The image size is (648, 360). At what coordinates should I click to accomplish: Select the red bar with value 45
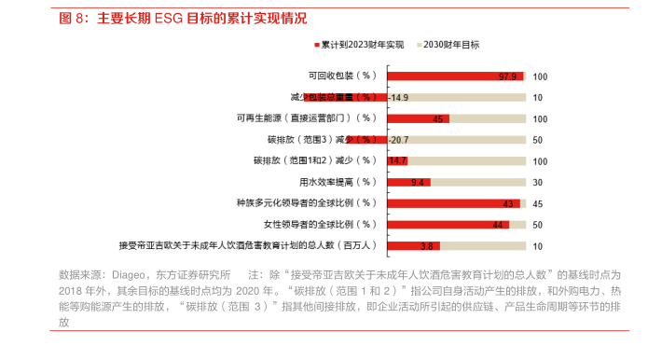tap(419, 118)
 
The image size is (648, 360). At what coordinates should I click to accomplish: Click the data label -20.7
tap(399, 140)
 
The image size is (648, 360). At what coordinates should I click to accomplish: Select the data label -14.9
tap(399, 97)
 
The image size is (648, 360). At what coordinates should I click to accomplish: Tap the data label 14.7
tap(398, 160)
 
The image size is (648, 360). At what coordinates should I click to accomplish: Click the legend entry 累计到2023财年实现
tap(363, 44)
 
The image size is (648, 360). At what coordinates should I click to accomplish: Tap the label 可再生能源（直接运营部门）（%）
tap(307, 118)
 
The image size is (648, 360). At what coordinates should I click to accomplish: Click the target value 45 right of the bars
tap(538, 203)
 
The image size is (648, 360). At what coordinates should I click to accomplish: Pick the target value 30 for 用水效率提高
tap(538, 182)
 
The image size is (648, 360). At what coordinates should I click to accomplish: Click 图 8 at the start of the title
tap(71, 18)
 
